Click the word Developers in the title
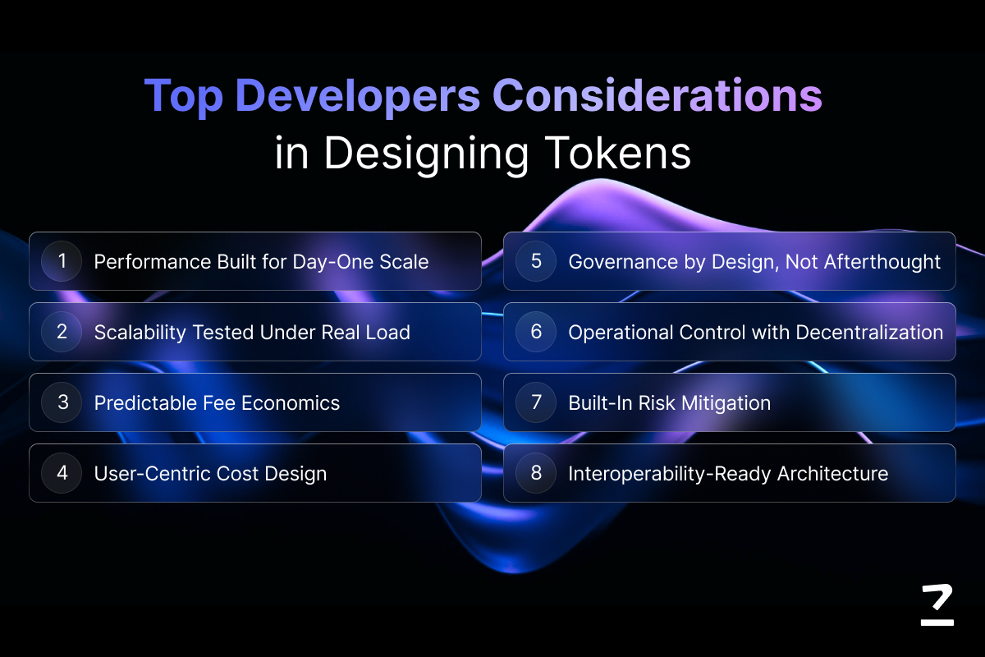click(x=358, y=96)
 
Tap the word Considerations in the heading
click(x=657, y=94)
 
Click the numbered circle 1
click(x=62, y=261)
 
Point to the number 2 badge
click(x=62, y=331)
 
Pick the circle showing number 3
click(x=62, y=402)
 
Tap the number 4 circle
click(x=62, y=472)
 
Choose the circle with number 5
click(x=536, y=261)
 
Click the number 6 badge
click(x=536, y=331)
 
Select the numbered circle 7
click(x=536, y=402)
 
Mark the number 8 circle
click(x=536, y=472)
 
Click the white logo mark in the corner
click(x=937, y=604)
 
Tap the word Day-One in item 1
click(x=332, y=262)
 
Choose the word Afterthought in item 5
click(x=882, y=262)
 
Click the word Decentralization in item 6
click(x=869, y=333)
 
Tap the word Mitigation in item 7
click(x=726, y=403)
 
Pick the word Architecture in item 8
click(x=832, y=474)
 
